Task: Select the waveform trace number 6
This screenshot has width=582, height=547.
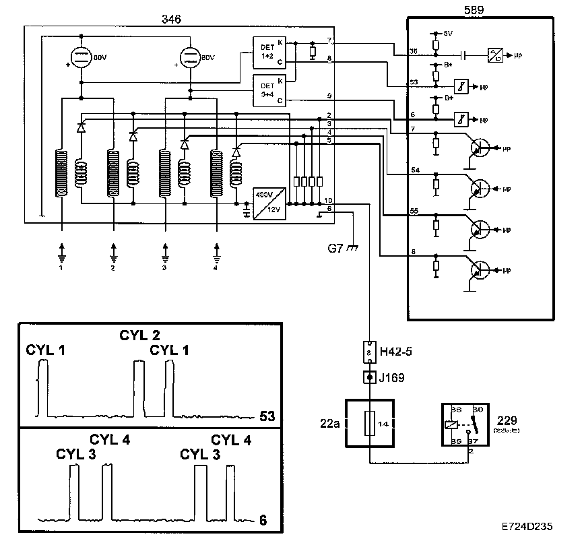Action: (x=263, y=520)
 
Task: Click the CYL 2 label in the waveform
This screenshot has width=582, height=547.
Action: (x=139, y=335)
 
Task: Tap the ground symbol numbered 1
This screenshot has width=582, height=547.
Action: (x=61, y=256)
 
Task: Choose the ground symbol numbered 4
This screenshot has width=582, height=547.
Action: (x=216, y=256)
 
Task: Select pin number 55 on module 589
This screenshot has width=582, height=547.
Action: (x=416, y=212)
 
